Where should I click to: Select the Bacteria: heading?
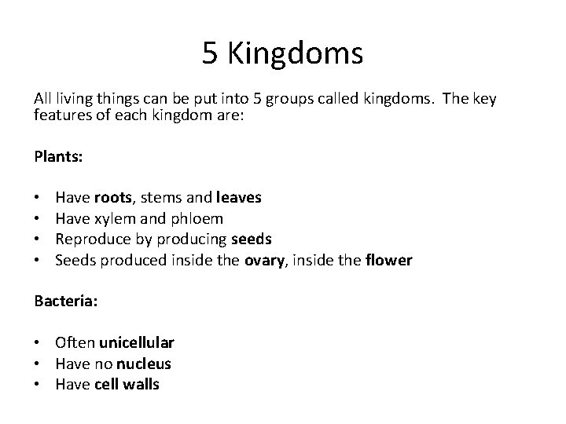tap(65, 302)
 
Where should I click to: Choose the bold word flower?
tap(389, 259)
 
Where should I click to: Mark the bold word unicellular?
tap(137, 343)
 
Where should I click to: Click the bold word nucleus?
tap(144, 364)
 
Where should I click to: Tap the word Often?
tap(75, 343)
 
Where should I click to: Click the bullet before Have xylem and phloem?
tap(38, 218)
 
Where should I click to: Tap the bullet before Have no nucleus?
tap(38, 364)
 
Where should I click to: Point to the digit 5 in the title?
tap(210, 54)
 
